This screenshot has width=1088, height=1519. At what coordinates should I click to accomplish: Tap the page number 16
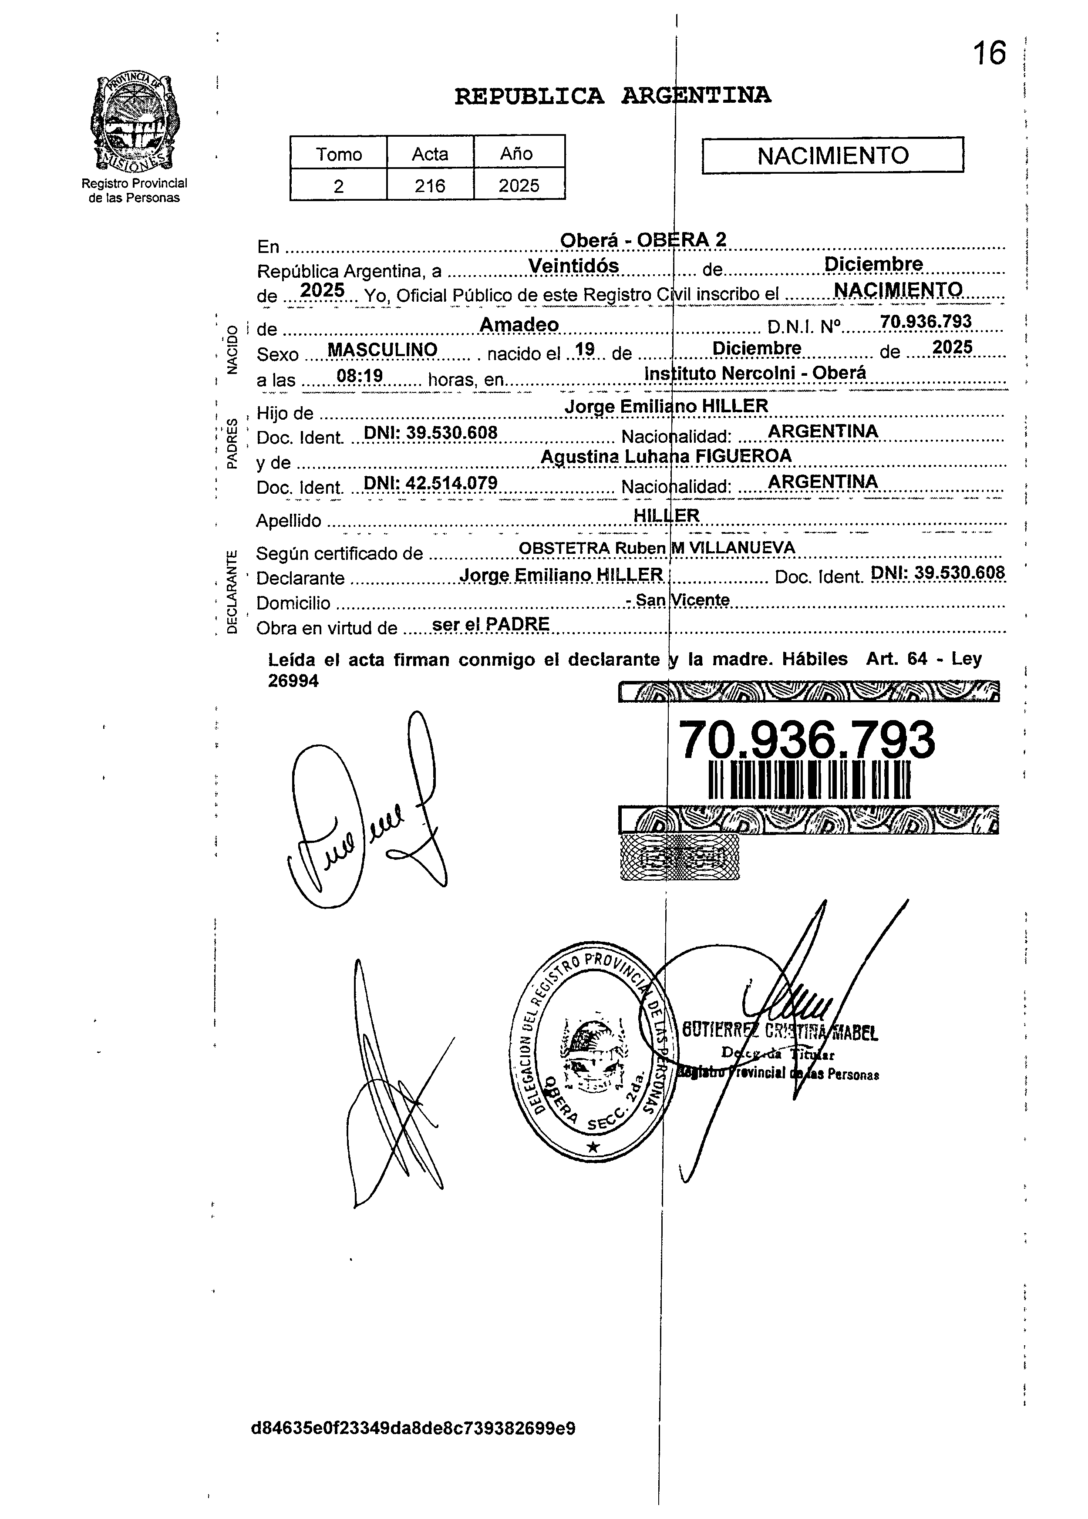[989, 54]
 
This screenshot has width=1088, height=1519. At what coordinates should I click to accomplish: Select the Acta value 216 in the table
[429, 185]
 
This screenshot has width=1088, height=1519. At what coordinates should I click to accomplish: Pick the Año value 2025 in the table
[519, 185]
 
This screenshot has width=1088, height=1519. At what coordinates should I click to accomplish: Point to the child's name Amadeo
[519, 325]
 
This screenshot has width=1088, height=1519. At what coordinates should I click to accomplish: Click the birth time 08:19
[359, 377]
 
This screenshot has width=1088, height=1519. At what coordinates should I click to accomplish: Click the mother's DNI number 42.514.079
[430, 483]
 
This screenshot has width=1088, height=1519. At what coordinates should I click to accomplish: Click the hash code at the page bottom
[413, 1428]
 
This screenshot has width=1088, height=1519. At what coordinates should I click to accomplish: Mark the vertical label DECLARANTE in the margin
[231, 591]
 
